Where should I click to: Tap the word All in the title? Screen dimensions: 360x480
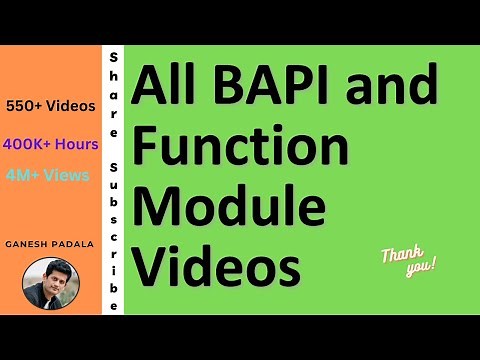[x=166, y=91]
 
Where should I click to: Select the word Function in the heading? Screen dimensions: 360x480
[x=241, y=147]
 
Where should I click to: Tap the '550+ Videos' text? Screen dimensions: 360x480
[x=50, y=105]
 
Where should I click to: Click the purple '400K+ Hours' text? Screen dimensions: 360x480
[x=50, y=143]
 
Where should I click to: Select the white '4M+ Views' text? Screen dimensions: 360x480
[x=47, y=174]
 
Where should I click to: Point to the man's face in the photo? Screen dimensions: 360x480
[x=50, y=277]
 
